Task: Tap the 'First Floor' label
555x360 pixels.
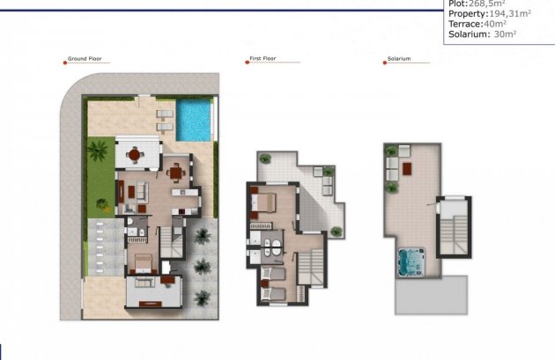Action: (263, 60)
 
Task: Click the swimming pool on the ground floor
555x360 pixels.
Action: (194, 121)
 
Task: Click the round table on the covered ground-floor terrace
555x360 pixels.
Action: (134, 156)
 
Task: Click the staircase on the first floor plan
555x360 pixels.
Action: (311, 265)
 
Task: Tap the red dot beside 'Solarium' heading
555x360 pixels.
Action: (385, 61)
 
